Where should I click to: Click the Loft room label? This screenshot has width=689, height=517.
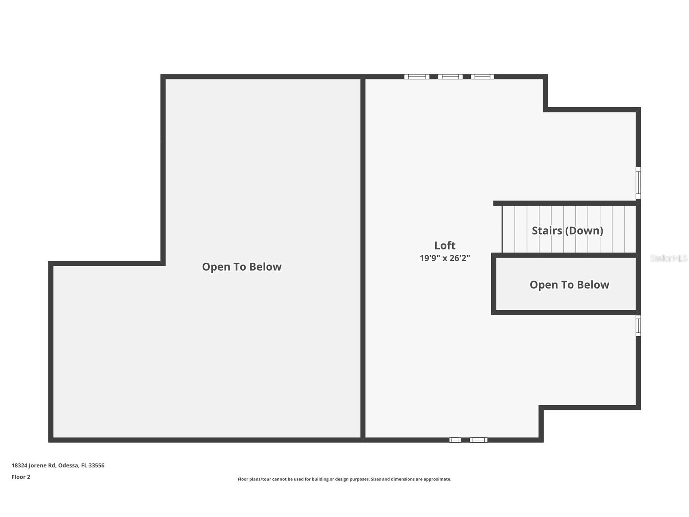(x=445, y=245)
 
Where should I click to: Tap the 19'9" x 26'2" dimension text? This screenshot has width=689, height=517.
(x=445, y=258)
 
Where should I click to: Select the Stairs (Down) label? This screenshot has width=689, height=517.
(x=567, y=230)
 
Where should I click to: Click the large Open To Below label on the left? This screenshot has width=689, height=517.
(x=242, y=267)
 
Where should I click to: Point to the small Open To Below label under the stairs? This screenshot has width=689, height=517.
(x=569, y=285)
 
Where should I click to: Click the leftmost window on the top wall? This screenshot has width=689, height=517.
(x=417, y=76)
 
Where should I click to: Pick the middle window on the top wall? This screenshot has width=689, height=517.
(x=450, y=76)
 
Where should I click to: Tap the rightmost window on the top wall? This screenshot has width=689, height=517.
(x=482, y=76)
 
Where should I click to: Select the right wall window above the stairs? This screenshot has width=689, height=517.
(x=638, y=182)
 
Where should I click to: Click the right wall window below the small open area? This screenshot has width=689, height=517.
(x=638, y=326)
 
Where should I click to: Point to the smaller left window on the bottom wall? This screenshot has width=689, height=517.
(x=455, y=440)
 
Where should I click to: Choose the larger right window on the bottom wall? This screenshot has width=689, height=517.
(x=479, y=440)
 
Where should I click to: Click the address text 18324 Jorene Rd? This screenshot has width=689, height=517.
(x=34, y=465)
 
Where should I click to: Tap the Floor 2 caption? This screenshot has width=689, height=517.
(x=21, y=477)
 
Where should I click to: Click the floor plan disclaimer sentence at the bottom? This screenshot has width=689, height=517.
(x=344, y=479)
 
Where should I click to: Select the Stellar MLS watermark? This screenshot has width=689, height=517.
(x=669, y=258)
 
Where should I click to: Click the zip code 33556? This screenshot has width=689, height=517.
(x=97, y=465)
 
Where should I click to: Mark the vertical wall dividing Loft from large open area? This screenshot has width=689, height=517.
(x=363, y=258)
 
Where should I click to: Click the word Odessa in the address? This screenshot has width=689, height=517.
(x=68, y=465)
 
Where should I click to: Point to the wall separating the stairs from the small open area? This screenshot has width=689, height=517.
(x=564, y=255)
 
